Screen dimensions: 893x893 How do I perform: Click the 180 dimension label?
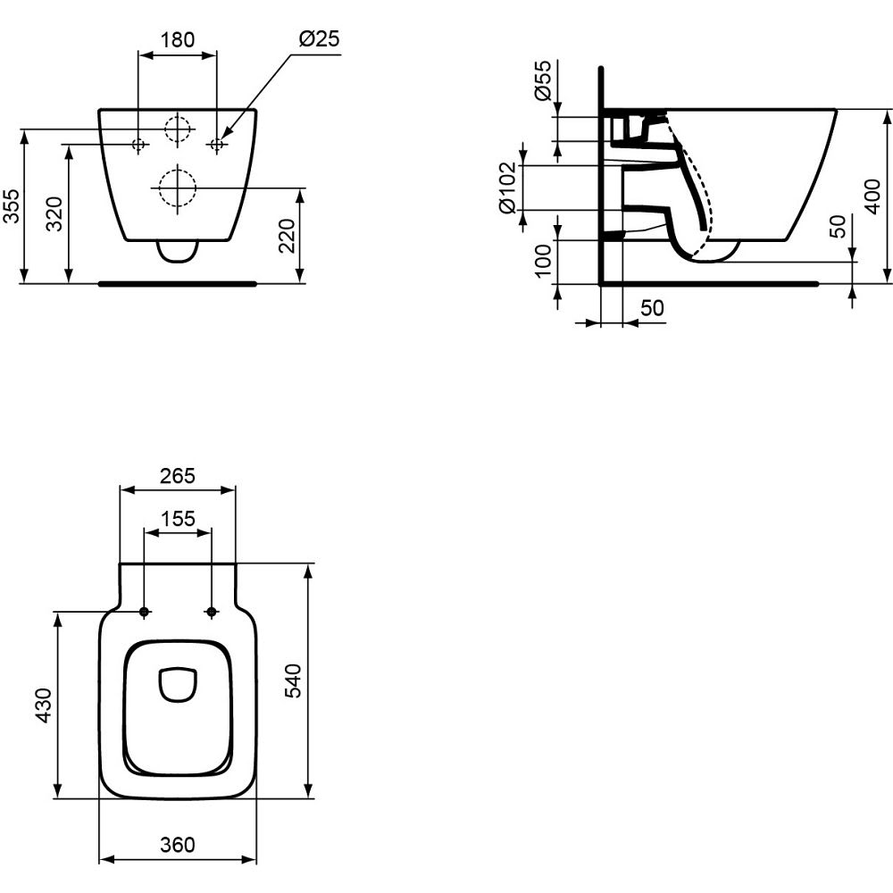[178, 40]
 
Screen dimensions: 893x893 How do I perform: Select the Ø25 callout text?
[319, 38]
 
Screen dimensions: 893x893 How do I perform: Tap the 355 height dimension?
[11, 205]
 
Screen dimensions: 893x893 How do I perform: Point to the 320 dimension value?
[54, 213]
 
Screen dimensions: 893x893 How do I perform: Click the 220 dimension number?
[287, 235]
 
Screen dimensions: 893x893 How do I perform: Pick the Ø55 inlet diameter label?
[544, 79]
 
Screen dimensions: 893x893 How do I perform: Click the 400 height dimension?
[872, 196]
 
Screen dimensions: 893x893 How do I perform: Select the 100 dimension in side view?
[543, 260]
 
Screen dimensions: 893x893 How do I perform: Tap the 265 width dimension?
[177, 476]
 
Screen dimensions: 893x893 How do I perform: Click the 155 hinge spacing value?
[178, 519]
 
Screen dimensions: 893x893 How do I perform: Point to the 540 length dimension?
[294, 680]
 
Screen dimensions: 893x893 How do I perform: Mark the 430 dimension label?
[44, 705]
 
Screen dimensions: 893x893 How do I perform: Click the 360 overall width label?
[177, 844]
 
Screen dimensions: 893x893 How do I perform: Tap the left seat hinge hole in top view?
[144, 612]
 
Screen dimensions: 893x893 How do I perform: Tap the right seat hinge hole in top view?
[212, 612]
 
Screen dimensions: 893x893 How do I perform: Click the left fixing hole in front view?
[138, 144]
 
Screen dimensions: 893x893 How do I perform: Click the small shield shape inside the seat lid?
[179, 684]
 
